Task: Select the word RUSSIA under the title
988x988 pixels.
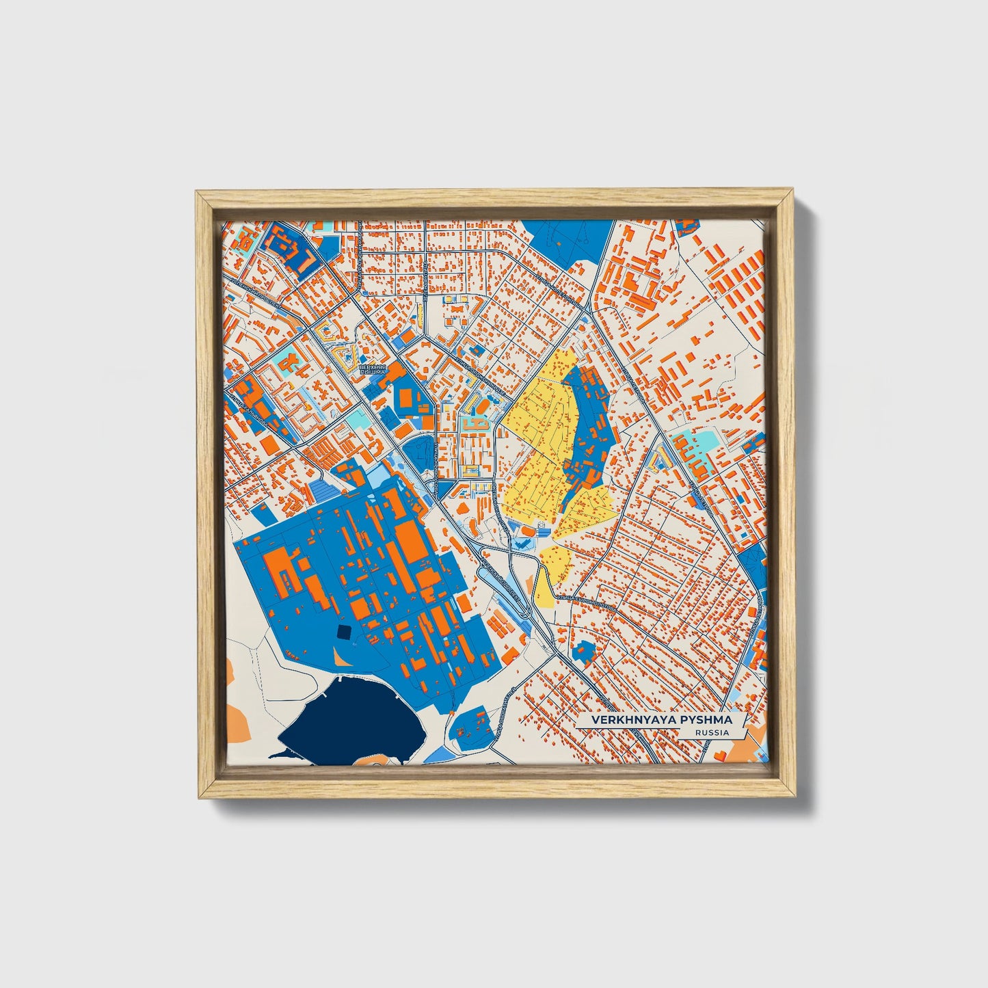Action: (711, 733)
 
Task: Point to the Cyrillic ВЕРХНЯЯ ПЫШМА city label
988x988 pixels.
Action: (373, 370)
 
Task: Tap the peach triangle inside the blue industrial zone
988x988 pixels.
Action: (341, 657)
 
